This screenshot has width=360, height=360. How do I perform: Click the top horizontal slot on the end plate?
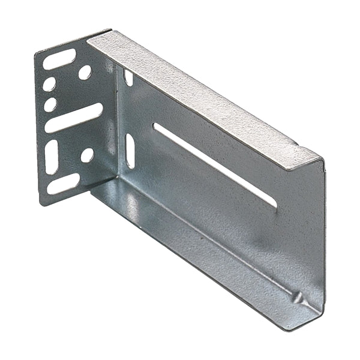59,59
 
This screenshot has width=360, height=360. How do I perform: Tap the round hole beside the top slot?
85,72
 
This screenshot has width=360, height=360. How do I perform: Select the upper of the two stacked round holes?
49,84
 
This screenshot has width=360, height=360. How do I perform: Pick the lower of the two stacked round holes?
50,104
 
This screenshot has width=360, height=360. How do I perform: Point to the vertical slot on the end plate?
52,157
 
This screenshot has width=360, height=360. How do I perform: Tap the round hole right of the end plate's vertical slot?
87,155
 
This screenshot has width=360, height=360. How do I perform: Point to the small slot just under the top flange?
128,77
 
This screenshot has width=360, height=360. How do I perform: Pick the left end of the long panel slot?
156,127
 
